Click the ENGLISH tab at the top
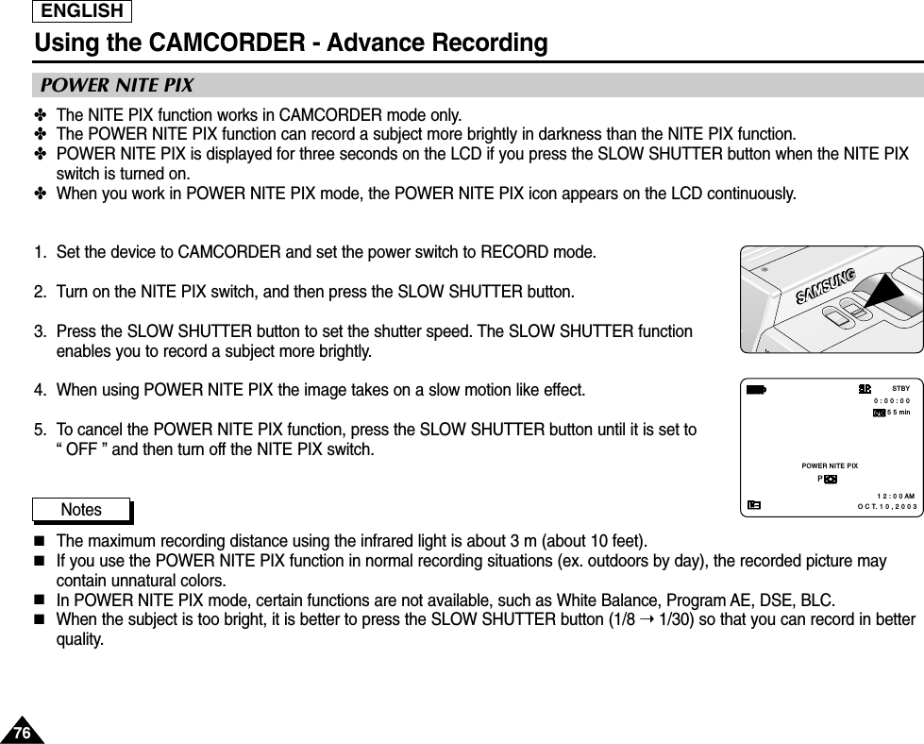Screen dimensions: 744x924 82,11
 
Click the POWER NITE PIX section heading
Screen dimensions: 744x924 114,86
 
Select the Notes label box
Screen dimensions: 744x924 81,510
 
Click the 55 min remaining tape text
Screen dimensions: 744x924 899,413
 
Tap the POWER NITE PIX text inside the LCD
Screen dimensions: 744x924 829,466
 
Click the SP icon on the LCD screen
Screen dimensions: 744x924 864,388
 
